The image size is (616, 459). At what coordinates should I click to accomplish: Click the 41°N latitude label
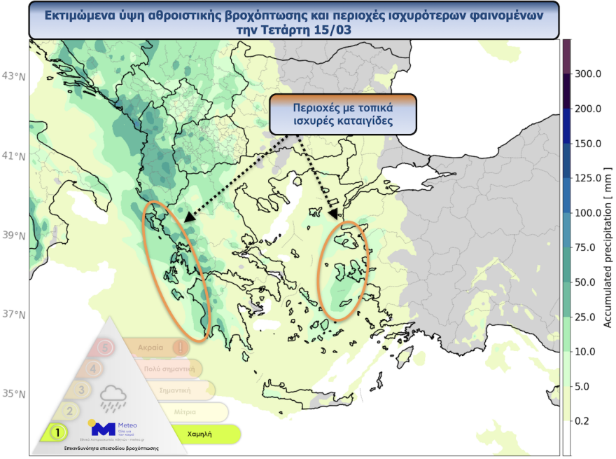(x=15, y=155)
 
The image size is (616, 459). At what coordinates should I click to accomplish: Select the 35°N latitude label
(x=15, y=394)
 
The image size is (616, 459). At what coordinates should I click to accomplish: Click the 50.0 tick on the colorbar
(x=588, y=282)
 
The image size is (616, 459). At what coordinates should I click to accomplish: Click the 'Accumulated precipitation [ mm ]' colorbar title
(x=607, y=247)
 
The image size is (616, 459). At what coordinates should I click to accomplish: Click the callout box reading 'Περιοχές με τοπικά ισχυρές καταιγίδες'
(x=343, y=114)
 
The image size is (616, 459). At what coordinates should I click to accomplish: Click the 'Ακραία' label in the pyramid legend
(x=150, y=347)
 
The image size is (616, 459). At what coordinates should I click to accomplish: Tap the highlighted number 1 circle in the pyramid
(x=55, y=433)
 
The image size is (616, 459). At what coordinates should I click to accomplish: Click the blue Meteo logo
(x=103, y=429)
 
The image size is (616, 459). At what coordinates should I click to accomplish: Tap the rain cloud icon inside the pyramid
(x=113, y=398)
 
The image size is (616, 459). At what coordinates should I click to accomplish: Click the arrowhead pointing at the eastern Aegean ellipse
(x=333, y=213)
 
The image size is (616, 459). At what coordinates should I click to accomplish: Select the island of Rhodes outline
(x=403, y=359)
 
